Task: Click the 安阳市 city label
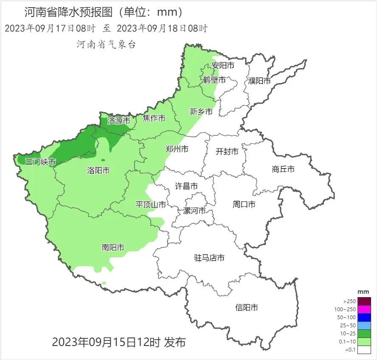tap(223, 66)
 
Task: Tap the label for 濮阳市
tap(259, 81)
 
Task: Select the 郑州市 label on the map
tap(177, 149)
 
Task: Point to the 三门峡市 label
tap(40, 162)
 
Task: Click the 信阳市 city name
tap(246, 307)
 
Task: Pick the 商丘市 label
tap(283, 169)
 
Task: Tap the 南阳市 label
tap(113, 247)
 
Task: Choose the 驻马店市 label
tap(209, 258)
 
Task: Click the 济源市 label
tap(118, 121)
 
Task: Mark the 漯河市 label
tap(194, 211)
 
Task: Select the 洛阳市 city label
tap(98, 170)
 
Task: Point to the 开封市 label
tap(227, 151)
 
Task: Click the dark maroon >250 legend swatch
tap(364, 301)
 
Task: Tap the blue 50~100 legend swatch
tap(364, 317)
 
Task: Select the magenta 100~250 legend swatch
tap(364, 309)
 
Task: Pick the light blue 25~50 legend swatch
tap(364, 326)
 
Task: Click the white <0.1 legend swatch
tap(364, 350)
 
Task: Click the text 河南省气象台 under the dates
tap(106, 45)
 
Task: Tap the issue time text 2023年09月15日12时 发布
tap(119, 342)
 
